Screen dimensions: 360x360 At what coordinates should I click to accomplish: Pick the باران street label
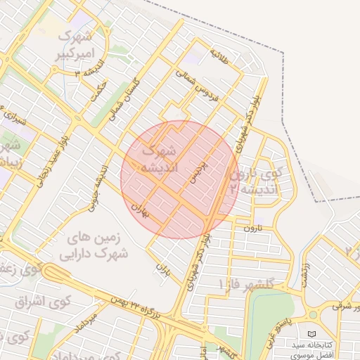[163, 269]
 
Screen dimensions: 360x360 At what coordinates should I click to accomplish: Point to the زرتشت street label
[306, 275]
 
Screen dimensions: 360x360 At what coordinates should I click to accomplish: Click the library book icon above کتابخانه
[312, 333]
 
